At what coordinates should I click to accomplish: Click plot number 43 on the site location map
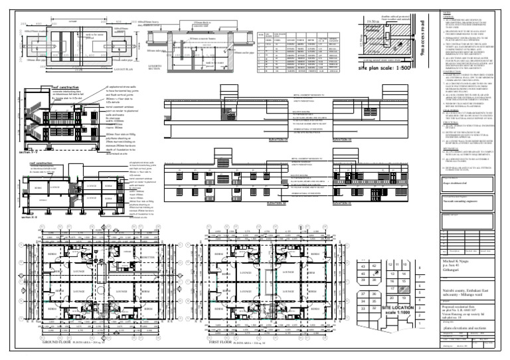click(363, 266)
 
